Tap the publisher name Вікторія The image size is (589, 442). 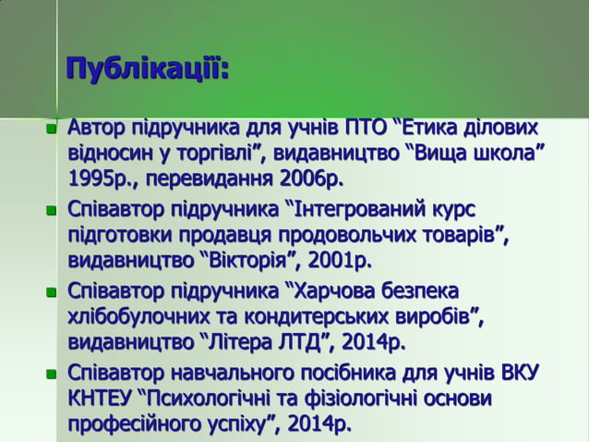pyautogui.click(x=242, y=255)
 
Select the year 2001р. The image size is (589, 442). pyautogui.click(x=338, y=255)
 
